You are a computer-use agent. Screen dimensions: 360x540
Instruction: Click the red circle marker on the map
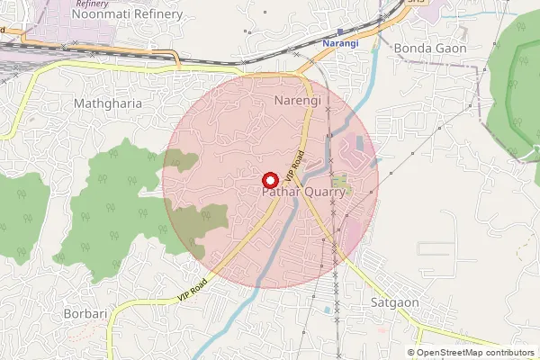pyautogui.click(x=267, y=178)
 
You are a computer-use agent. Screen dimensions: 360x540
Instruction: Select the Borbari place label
pyautogui.click(x=86, y=314)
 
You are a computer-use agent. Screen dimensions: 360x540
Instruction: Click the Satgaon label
pyautogui.click(x=394, y=302)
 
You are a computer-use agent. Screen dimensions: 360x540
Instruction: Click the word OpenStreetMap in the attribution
pyautogui.click(x=454, y=353)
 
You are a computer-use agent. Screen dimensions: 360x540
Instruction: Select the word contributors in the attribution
pyautogui.click(x=512, y=353)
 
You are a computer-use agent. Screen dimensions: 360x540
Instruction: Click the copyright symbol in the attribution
pyautogui.click(x=411, y=353)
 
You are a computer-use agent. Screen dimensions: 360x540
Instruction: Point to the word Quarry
pyautogui.click(x=327, y=193)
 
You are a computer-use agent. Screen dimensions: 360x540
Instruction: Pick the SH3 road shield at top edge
pyautogui.click(x=415, y=3)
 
